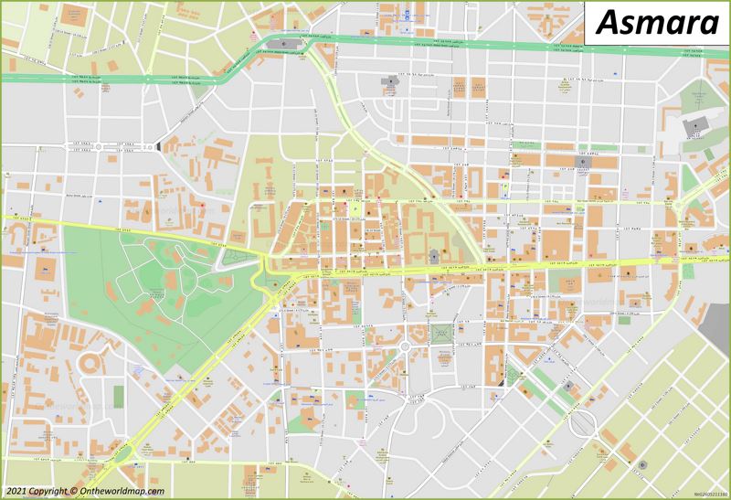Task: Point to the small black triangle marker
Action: (x=157, y=144)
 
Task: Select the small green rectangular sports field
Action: (x=119, y=397)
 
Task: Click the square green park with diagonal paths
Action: (x=440, y=335)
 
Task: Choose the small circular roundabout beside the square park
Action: (x=403, y=346)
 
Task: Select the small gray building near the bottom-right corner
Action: (x=643, y=466)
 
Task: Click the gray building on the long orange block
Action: (x=581, y=163)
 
